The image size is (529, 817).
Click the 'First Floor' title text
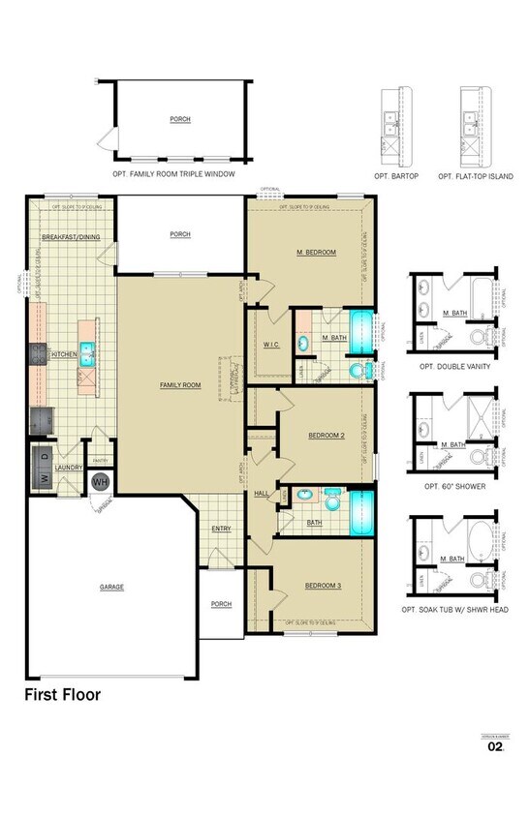(62, 694)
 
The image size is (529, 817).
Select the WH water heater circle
(101, 481)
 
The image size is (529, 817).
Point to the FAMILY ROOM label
(180, 385)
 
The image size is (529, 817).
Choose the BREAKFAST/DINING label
(72, 236)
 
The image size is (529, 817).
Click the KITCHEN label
(64, 354)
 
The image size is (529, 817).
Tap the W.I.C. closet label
(271, 344)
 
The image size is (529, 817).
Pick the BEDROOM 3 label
(321, 586)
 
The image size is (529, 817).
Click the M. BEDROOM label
(316, 252)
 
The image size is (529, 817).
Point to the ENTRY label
(221, 529)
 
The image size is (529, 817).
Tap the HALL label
(262, 494)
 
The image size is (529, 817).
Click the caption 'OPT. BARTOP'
(396, 177)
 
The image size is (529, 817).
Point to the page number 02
(495, 747)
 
